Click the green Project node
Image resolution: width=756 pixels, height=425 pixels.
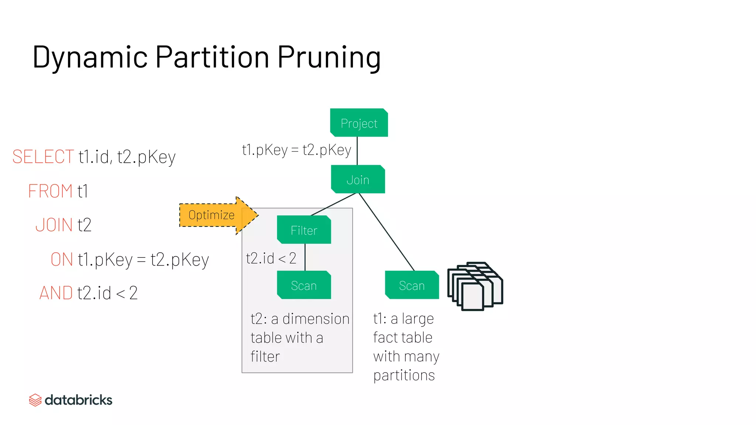pyautogui.click(x=359, y=123)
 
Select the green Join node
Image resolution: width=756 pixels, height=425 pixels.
pyautogui.click(x=358, y=179)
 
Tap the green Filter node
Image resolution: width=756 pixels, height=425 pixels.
pyautogui.click(x=304, y=230)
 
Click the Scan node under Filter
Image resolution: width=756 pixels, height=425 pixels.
pyautogui.click(x=304, y=285)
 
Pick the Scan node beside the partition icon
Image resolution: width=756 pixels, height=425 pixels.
pyautogui.click(x=412, y=285)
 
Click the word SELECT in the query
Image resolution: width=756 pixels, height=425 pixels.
pyautogui.click(x=43, y=156)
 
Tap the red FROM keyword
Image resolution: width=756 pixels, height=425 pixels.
pyautogui.click(x=50, y=191)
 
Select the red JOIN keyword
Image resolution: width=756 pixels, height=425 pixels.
pyautogui.click(x=54, y=225)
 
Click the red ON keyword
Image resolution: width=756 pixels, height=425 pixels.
pyautogui.click(x=62, y=259)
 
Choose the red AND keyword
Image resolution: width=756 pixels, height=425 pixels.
pyautogui.click(x=56, y=293)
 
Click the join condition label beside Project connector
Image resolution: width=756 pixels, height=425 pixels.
pyautogui.click(x=296, y=150)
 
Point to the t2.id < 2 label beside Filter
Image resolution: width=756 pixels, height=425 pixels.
pyautogui.click(x=271, y=258)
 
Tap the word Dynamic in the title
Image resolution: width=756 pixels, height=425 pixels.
pyautogui.click(x=90, y=57)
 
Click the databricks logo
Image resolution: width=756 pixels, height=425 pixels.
pyautogui.click(x=71, y=400)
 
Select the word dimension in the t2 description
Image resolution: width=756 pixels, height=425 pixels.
pyautogui.click(x=316, y=319)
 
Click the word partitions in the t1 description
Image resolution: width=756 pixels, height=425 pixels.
pyautogui.click(x=404, y=376)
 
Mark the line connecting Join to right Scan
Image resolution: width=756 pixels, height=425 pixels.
pyautogui.click(x=386, y=232)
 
